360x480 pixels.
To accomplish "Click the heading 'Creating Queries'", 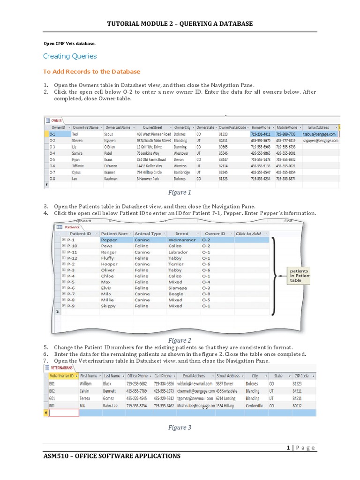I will click(x=70, y=56).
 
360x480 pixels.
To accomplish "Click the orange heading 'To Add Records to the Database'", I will click(x=91, y=72).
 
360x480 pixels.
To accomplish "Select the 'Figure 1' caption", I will click(x=180, y=192).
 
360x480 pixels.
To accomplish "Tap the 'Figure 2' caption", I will click(x=180, y=340).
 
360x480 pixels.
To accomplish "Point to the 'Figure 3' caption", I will click(x=180, y=427).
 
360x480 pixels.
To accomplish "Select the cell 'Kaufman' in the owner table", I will click(x=112, y=179).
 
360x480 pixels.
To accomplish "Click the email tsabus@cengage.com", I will click(x=319, y=134).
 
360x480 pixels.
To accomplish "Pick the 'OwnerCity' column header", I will click(x=182, y=127).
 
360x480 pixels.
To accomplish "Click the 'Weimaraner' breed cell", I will click(x=181, y=240).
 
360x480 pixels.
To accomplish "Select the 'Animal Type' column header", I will click(x=148, y=233).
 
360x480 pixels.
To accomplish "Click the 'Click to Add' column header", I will click(x=248, y=233).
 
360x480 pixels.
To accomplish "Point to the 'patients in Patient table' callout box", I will click(x=299, y=276).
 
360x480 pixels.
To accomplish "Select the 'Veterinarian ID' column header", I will click(x=61, y=376).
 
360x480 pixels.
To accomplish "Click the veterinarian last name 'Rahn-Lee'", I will click(x=113, y=405).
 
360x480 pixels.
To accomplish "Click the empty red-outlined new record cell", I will click(x=64, y=413).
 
